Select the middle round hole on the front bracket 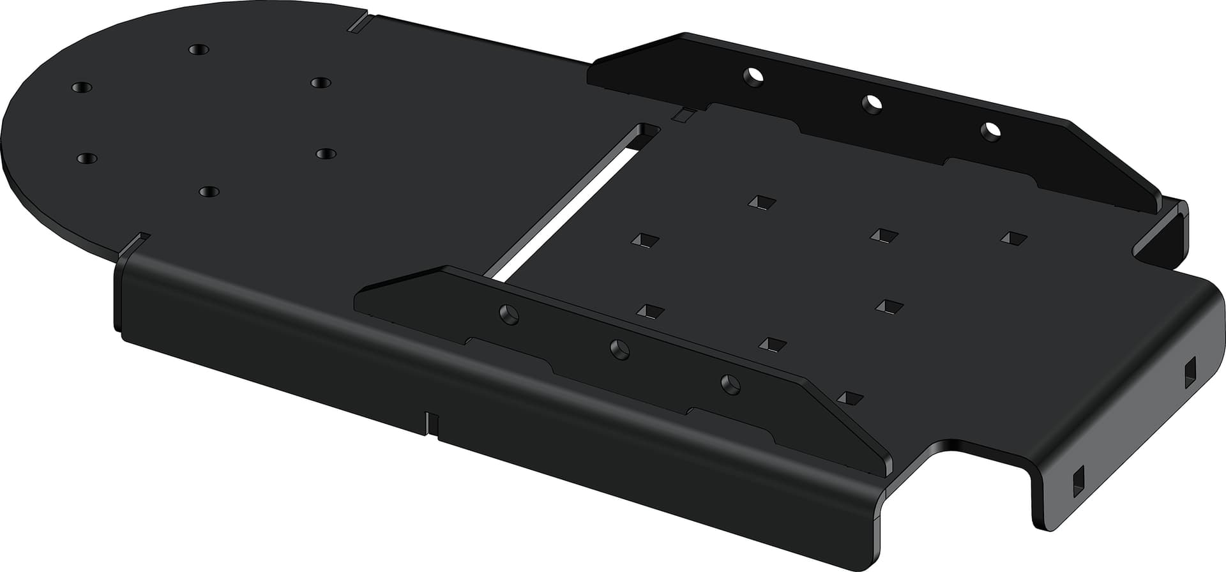(619, 349)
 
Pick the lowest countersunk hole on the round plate (209, 191)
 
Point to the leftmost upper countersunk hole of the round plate (82, 87)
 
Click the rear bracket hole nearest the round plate (754, 76)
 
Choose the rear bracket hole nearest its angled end (991, 130)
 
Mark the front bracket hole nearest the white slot (509, 314)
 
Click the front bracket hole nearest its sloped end (730, 384)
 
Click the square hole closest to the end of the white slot (646, 240)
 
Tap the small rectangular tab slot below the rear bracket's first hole (684, 115)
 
